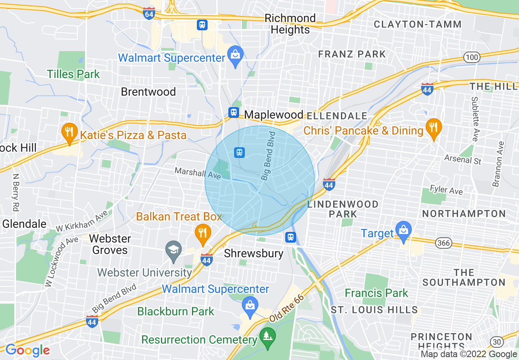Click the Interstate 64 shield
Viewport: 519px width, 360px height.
tap(149, 13)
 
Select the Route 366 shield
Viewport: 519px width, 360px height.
tap(444, 243)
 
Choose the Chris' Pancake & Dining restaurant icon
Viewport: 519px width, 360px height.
tap(433, 128)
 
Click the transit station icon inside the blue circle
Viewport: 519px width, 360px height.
tap(239, 153)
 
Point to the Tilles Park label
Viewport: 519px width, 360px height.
tap(73, 74)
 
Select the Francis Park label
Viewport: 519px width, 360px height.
tap(376, 293)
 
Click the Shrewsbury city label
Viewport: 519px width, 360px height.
tap(254, 253)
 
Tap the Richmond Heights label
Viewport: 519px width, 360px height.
tap(290, 24)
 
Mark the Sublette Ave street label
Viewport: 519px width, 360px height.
tap(474, 119)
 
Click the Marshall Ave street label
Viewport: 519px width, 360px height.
tap(198, 173)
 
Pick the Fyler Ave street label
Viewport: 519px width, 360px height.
tap(446, 190)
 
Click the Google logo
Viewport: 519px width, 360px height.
tap(27, 350)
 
